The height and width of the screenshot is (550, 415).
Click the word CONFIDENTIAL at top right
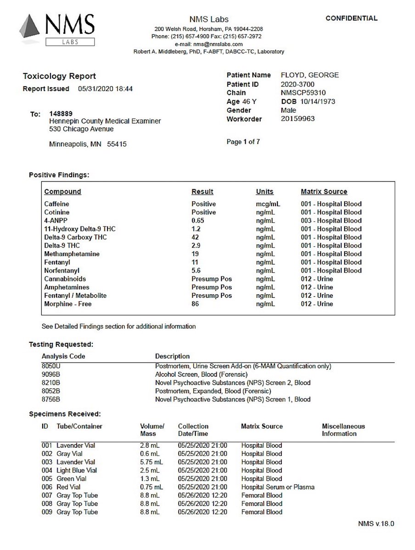pos(351,18)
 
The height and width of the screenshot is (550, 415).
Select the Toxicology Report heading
pos(59,77)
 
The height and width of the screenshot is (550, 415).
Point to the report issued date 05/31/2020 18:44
pos(106,89)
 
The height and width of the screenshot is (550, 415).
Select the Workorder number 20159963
pos(298,119)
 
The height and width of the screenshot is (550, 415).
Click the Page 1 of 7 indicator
pos(243,142)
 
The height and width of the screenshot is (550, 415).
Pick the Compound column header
pos(62,192)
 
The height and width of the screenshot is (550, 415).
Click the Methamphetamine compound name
pos(72,254)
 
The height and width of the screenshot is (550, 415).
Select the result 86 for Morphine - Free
pos(196,304)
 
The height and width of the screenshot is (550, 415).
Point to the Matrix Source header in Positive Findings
pos(324,192)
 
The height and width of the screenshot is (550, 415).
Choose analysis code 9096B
pos(51,374)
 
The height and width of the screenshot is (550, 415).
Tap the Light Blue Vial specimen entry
pos(77,470)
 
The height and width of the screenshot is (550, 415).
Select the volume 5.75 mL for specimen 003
pos(151,462)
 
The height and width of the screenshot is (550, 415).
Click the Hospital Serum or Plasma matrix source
pos(277,487)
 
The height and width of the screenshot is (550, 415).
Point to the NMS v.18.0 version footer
pos(376,523)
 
